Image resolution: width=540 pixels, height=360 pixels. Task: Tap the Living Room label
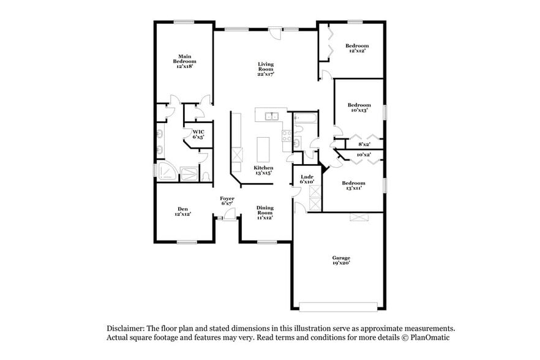click(x=265, y=68)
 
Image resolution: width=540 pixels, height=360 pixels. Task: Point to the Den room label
click(x=183, y=211)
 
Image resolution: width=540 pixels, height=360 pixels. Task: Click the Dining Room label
click(x=264, y=212)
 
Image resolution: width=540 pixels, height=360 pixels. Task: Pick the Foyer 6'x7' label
click(x=227, y=201)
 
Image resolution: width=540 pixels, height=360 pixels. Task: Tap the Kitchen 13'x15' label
click(x=264, y=170)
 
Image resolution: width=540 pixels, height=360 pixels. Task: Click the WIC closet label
click(x=198, y=134)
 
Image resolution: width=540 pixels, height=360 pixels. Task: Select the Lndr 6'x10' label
click(x=307, y=179)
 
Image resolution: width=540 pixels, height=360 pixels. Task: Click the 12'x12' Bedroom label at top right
click(x=356, y=48)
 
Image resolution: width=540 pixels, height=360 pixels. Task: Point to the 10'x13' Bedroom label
click(x=359, y=108)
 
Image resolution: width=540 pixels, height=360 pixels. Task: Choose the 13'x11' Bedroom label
click(x=353, y=186)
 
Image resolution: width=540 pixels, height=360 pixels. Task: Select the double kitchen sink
click(x=271, y=116)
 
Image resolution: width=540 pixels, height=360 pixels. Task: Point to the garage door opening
click(x=338, y=306)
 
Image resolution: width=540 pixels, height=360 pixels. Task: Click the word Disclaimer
click(x=126, y=329)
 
